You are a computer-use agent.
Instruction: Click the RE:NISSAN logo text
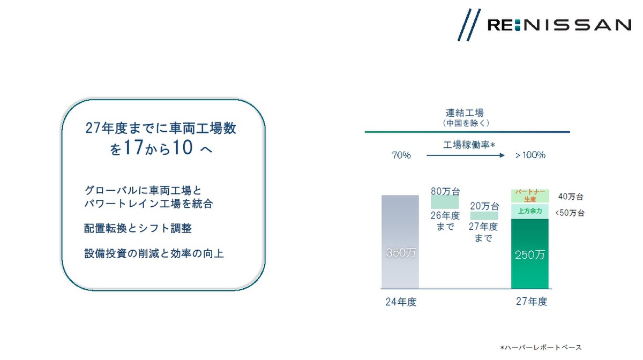559,25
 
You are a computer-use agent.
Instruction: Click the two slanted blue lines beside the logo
469,25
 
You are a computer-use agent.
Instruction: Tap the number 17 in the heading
133,147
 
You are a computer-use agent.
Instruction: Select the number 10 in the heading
183,147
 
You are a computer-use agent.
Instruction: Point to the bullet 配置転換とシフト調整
138,229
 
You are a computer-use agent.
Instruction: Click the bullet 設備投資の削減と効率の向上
154,253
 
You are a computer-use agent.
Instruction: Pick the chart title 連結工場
465,112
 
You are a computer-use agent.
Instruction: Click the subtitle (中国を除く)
466,123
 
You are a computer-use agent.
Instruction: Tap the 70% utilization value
401,155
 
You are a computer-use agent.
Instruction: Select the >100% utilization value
530,155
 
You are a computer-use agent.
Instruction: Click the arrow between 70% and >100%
466,155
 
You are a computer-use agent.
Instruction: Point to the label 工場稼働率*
469,145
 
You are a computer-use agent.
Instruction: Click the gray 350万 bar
400,242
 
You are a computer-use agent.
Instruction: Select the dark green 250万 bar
530,254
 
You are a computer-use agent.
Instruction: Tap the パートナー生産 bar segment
530,196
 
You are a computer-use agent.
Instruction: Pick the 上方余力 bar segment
530,211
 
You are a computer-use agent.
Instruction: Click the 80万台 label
445,191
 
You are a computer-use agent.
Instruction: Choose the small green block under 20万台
484,215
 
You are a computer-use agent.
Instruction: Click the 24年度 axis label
401,302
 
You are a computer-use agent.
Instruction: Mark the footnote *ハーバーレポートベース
541,348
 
